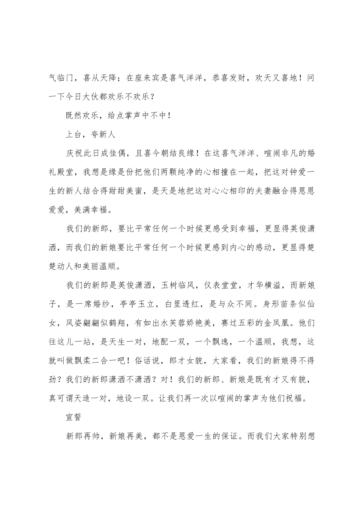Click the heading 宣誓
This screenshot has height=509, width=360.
[75, 417]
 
